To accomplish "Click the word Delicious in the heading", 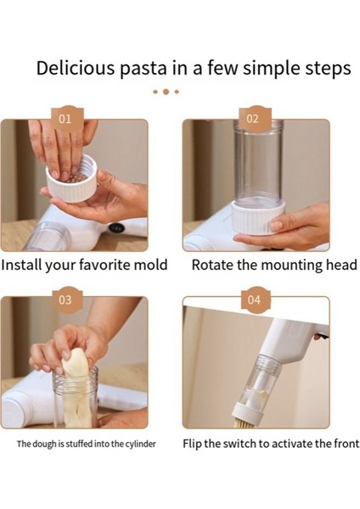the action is click(x=76, y=68).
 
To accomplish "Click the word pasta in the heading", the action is click(x=143, y=70).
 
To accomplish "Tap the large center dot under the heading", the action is click(x=166, y=92).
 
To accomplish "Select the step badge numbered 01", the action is click(x=65, y=119).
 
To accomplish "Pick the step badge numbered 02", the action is click(x=252, y=119).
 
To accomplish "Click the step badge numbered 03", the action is click(x=65, y=299).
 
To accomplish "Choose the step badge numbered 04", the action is click(x=254, y=299).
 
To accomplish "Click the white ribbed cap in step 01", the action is click(x=71, y=182).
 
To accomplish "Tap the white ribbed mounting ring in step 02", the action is click(x=258, y=216).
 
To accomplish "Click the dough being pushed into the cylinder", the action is click(x=76, y=386).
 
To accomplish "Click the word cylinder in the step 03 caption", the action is click(x=140, y=444).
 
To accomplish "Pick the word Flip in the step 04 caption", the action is click(x=192, y=444).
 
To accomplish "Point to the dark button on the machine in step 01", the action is click(x=116, y=228).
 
